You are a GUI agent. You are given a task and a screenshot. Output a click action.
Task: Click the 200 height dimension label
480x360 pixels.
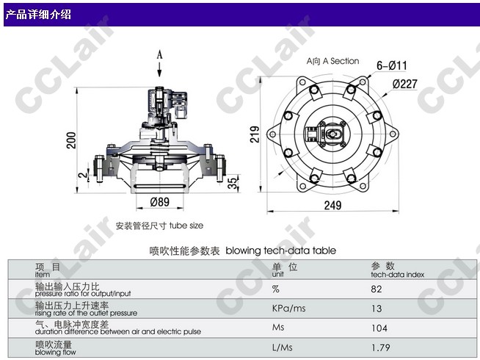[x=71, y=140]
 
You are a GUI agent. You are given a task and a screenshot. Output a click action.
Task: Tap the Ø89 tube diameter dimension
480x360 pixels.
[x=160, y=202]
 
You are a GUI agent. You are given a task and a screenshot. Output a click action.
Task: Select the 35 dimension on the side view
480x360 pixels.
[x=233, y=183]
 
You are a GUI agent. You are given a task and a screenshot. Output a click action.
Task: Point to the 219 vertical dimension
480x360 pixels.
[x=255, y=134]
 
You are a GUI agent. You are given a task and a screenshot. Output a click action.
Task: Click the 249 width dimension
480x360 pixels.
[x=332, y=205]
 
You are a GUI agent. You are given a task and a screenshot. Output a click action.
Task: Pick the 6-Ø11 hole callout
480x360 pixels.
[x=392, y=65]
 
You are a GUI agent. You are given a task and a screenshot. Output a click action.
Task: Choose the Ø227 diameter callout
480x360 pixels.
[x=405, y=84]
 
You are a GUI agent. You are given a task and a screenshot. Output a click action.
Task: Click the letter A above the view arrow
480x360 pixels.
[x=159, y=55]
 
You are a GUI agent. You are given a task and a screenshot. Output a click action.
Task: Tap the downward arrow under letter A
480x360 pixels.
[x=159, y=70]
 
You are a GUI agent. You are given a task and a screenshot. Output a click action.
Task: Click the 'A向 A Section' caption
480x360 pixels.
[x=332, y=61]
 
